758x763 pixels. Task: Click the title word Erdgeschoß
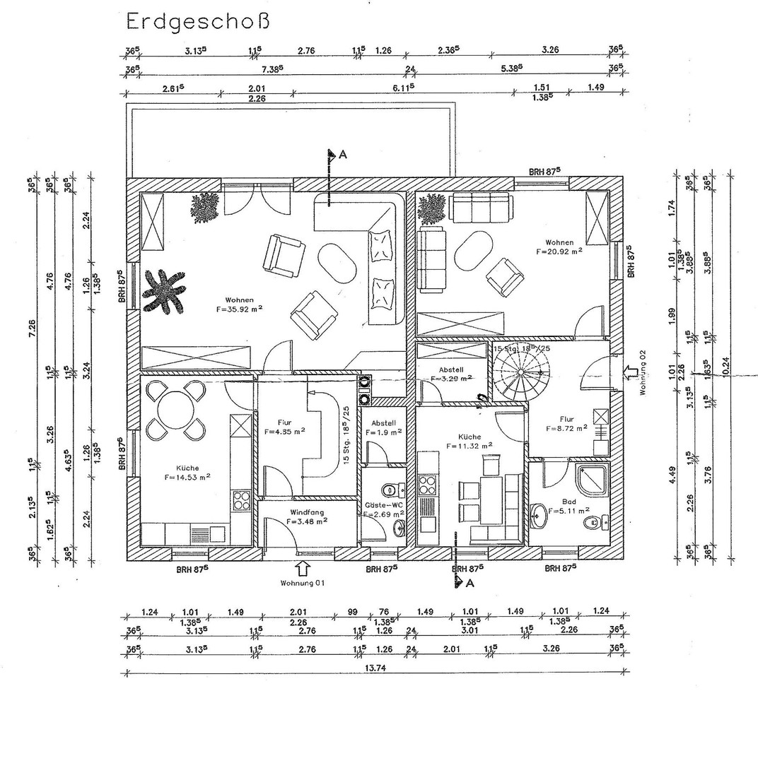coord(198,21)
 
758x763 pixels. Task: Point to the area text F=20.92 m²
coord(559,250)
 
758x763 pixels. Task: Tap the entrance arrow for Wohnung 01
coord(303,567)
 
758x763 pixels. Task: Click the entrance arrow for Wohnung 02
coord(631,372)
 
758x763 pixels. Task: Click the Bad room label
coord(568,501)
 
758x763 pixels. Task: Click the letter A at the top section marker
coord(342,155)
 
